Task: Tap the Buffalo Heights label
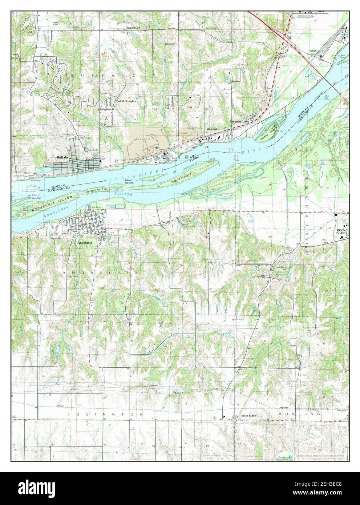point(126,101)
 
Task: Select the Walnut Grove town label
point(241,122)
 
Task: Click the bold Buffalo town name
point(62,157)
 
